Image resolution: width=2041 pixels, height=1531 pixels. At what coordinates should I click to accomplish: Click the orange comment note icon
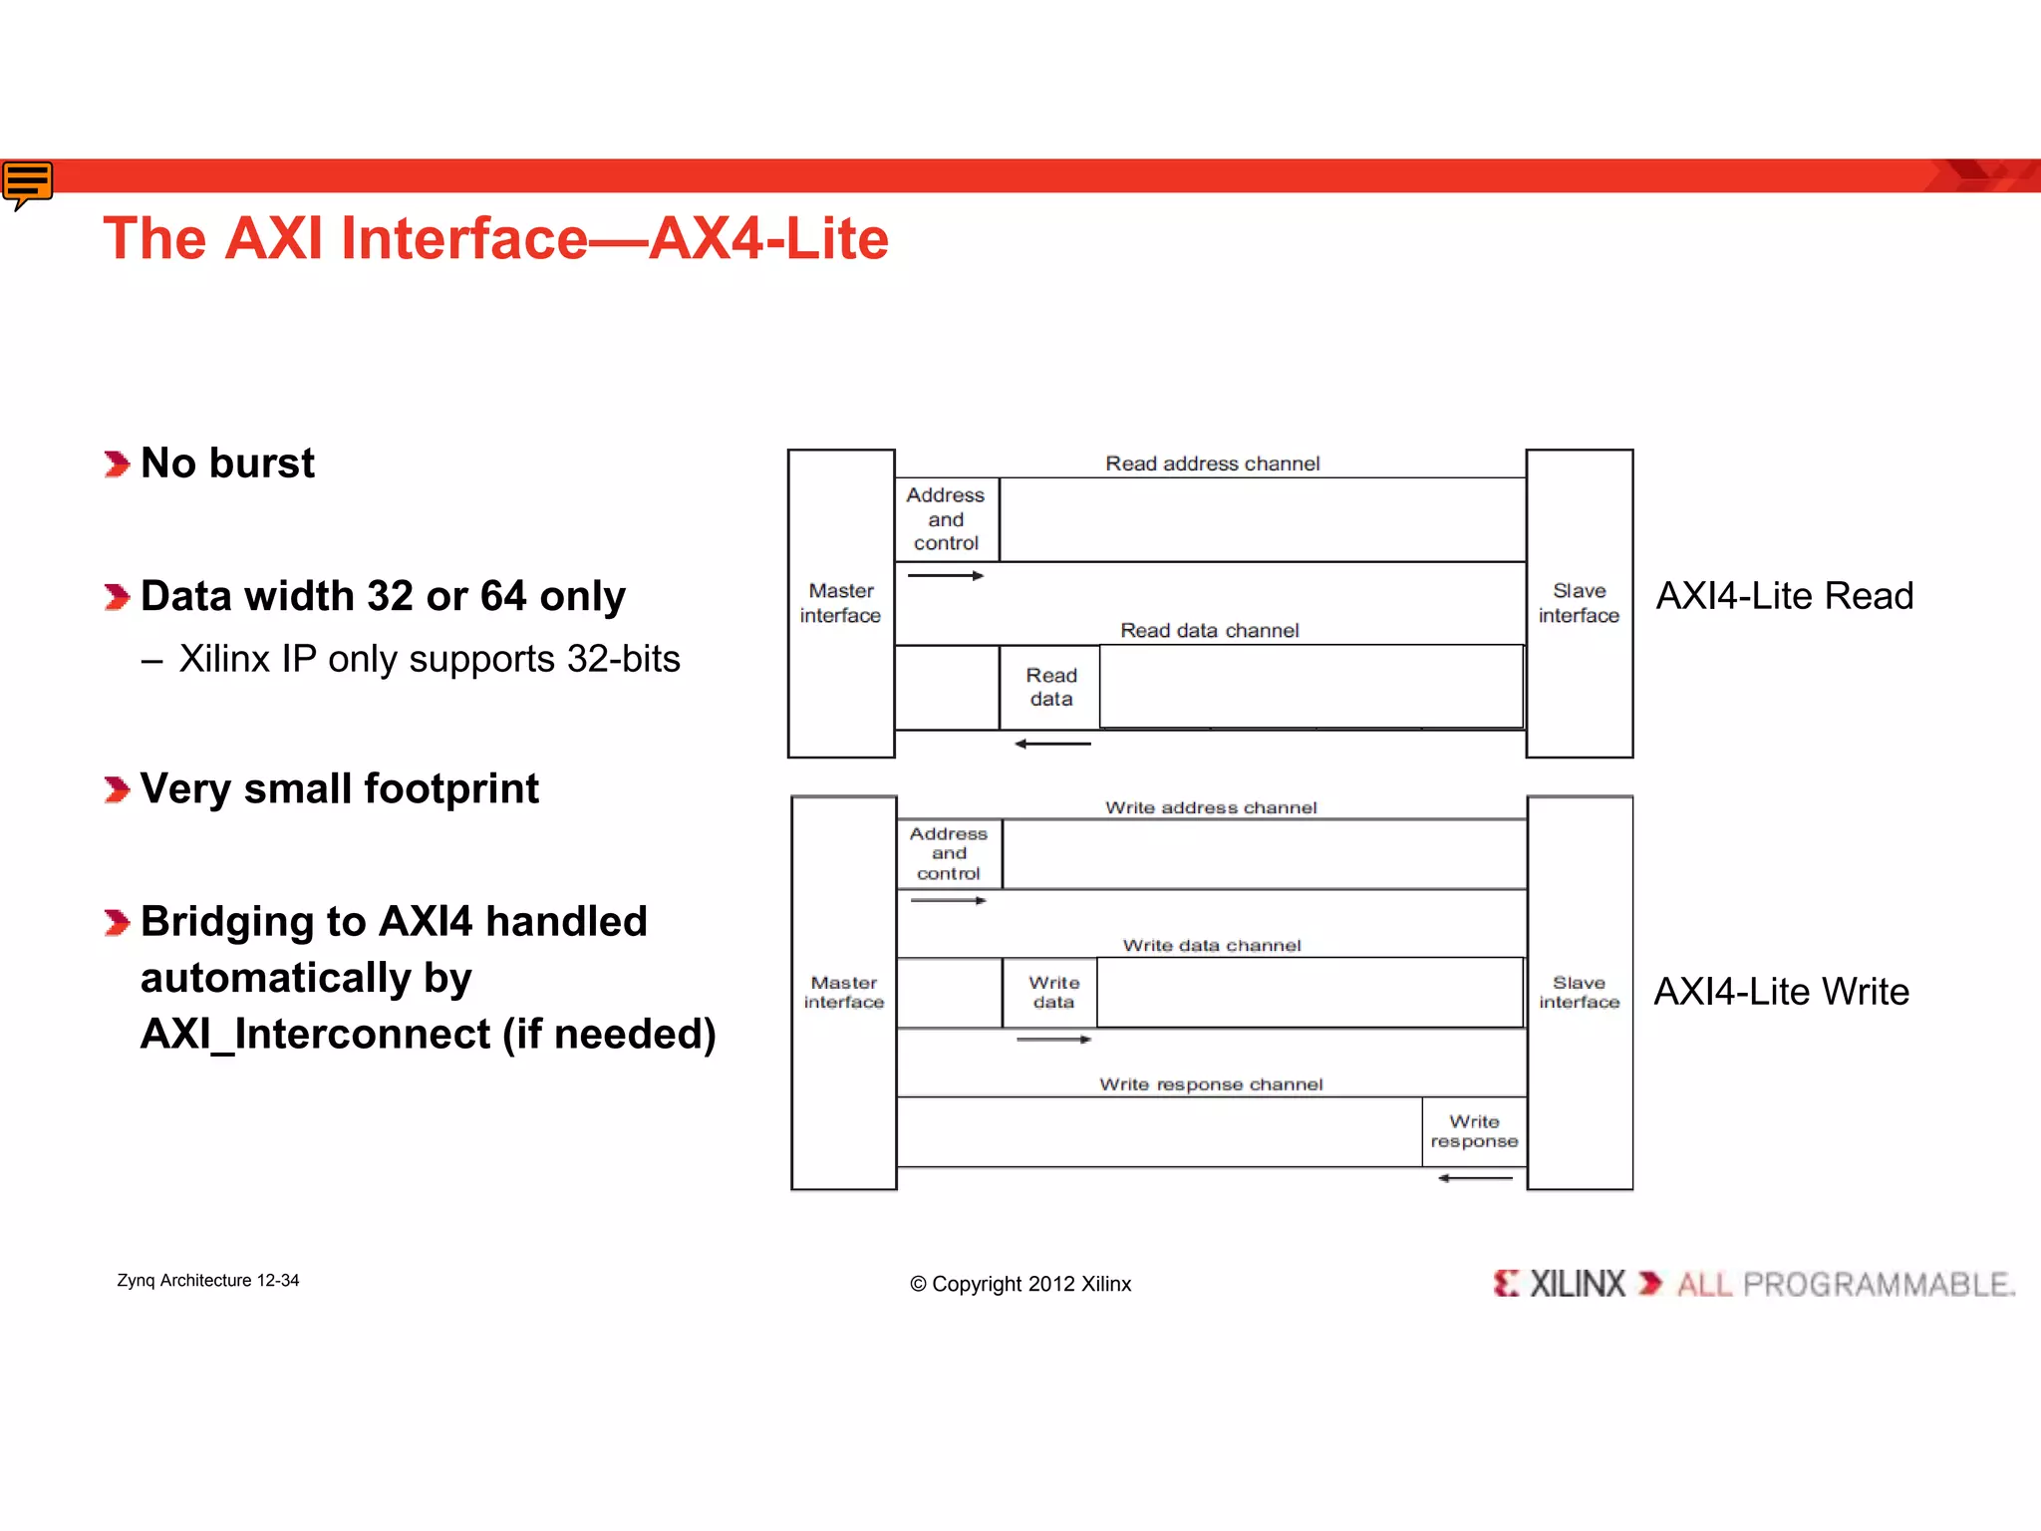click(27, 183)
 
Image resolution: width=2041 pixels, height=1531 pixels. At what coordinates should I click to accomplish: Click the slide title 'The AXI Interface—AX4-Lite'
click(495, 239)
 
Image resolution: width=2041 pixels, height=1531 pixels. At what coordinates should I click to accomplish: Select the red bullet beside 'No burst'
click(117, 463)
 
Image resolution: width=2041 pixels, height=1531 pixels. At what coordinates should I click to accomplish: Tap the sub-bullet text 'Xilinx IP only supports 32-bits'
click(429, 659)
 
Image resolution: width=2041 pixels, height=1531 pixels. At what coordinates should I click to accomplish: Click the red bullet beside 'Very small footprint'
click(117, 789)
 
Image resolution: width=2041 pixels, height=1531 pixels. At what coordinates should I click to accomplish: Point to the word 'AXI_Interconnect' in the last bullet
click(315, 1034)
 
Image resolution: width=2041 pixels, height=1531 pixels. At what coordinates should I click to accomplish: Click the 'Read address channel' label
click(1212, 463)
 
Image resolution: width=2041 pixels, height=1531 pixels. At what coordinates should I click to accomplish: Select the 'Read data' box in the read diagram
click(1050, 687)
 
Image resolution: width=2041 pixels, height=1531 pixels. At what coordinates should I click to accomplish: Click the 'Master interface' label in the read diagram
click(840, 603)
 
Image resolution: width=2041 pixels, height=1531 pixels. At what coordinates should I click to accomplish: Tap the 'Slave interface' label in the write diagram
click(1579, 992)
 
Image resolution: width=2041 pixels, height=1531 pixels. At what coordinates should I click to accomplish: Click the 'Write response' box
click(1474, 1131)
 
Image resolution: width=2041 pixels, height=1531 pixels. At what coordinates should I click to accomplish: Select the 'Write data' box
click(1052, 992)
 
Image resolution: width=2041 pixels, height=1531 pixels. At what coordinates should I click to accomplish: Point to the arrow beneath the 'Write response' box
click(1475, 1178)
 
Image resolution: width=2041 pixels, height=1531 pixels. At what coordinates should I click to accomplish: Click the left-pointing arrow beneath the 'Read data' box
click(1052, 744)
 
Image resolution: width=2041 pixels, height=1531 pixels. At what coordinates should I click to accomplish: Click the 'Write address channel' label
click(1211, 807)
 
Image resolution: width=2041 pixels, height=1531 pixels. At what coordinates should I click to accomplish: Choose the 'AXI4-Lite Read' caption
click(1784, 596)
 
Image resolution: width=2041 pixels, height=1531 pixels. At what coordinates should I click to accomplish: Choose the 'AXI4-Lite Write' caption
click(1781, 992)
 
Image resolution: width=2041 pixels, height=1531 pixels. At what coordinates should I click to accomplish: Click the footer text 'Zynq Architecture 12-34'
click(207, 1280)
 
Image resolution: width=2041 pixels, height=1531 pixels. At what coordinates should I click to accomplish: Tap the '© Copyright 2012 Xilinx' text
click(1020, 1284)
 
